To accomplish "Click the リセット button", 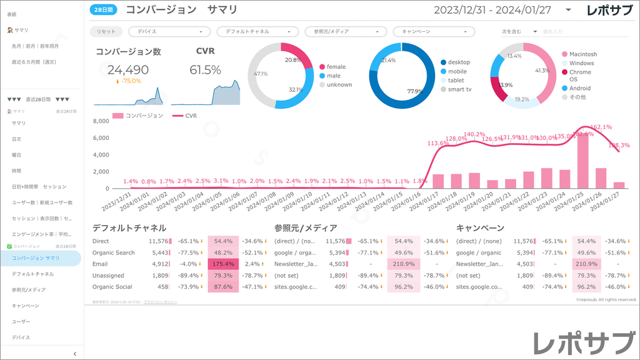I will point(107,31).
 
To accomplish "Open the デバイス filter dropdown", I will point(169,31).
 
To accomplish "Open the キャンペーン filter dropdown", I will point(434,31).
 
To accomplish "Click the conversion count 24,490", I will point(128,70).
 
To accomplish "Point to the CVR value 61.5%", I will point(205,70).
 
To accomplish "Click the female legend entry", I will point(336,67).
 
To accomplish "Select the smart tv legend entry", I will point(459,89).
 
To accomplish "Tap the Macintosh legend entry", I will point(582,54).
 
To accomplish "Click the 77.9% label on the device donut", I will point(415,91).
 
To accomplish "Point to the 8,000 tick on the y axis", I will point(101,121).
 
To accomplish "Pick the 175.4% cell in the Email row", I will point(223,264).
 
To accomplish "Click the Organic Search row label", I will point(113,252).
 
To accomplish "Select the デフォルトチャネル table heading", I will point(129,228).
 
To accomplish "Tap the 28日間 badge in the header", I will point(103,10).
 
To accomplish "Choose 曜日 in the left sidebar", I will point(16,155).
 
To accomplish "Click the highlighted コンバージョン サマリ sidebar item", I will point(36,258).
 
